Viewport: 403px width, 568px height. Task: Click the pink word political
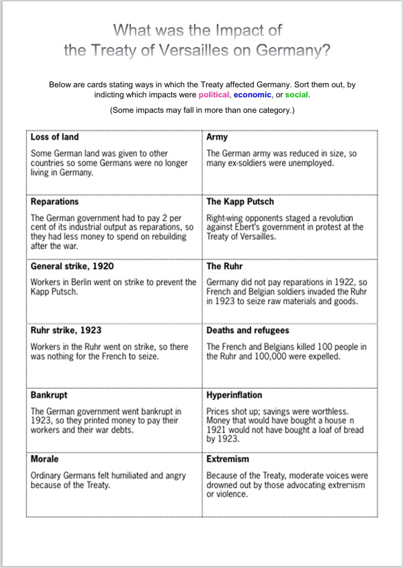(213, 95)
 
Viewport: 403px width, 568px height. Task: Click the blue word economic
(253, 95)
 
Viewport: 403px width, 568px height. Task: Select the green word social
(296, 95)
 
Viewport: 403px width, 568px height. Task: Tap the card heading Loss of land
(54, 137)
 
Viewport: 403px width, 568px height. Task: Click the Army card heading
(217, 137)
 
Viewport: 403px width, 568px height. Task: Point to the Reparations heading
(54, 201)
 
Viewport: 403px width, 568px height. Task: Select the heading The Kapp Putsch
(240, 201)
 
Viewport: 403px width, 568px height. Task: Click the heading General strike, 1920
(72, 266)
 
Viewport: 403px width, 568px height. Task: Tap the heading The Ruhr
(226, 266)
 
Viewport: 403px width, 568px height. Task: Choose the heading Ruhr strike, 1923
(66, 330)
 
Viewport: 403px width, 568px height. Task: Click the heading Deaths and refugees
(248, 330)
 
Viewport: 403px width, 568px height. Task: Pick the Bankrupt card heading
(49, 395)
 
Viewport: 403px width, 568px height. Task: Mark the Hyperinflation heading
(234, 395)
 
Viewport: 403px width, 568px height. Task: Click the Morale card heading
(44, 459)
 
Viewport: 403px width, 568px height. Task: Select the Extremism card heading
(228, 459)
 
